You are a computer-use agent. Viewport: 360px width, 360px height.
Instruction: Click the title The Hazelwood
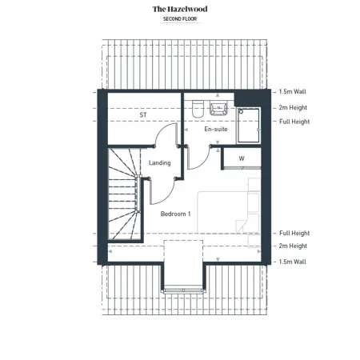[180, 9]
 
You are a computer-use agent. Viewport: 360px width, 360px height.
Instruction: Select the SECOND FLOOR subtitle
[180, 19]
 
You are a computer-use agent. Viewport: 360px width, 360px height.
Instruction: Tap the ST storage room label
[143, 115]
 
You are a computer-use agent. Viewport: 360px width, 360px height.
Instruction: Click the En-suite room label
[216, 129]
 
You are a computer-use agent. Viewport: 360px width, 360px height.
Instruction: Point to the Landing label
[160, 162]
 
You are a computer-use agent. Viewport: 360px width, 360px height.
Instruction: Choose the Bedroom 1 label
[176, 214]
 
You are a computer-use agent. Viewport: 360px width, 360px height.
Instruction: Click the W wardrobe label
[242, 158]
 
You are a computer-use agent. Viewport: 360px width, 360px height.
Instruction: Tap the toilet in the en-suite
[198, 109]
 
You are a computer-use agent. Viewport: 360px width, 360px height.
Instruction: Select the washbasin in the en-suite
[218, 109]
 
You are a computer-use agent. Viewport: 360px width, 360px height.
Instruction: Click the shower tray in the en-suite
[249, 126]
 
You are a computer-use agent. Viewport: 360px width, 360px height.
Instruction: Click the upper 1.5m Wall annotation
[293, 92]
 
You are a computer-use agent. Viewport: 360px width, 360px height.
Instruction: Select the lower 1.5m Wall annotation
[293, 262]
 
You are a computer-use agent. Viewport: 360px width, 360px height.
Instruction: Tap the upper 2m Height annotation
[293, 108]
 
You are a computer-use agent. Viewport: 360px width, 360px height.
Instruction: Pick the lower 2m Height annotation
[293, 246]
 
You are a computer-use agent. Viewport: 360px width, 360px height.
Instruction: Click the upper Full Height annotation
[294, 122]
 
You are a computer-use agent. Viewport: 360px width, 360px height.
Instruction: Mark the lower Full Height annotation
[294, 233]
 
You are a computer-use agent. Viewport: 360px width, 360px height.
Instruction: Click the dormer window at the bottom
[183, 290]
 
